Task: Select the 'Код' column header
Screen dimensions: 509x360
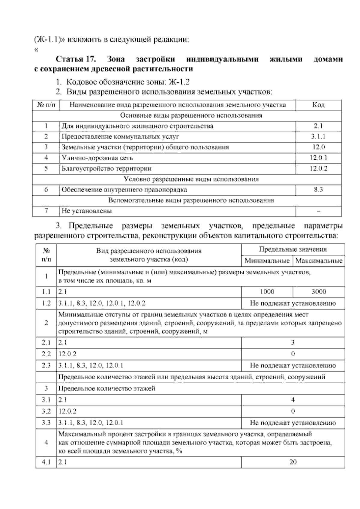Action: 318,105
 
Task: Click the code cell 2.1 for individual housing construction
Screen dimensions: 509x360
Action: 318,126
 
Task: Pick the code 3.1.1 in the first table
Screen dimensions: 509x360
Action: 318,137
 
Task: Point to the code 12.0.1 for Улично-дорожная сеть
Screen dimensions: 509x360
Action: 318,158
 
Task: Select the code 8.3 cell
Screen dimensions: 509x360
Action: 318,190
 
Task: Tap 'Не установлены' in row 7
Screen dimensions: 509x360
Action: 87,211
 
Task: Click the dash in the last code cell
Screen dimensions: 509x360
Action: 318,211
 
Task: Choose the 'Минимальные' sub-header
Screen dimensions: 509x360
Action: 267,261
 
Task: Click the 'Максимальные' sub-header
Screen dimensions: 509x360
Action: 319,261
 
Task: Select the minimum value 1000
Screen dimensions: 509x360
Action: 267,292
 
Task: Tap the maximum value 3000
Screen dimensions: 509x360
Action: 319,292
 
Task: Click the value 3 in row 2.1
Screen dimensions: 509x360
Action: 293,342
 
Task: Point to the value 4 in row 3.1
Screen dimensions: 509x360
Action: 293,400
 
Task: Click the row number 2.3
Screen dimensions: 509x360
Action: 46,366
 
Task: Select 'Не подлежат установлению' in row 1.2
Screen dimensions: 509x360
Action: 293,303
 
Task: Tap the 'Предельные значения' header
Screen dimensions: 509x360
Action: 293,249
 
